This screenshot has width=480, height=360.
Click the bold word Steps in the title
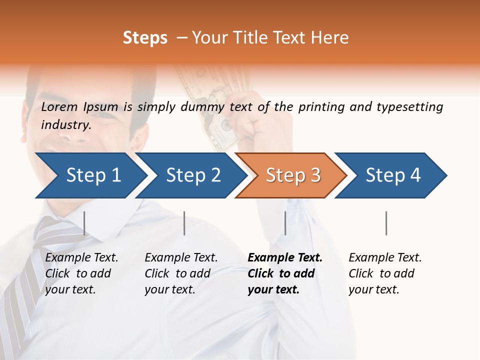pos(145,38)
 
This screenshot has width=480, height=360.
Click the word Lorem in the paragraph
pos(59,107)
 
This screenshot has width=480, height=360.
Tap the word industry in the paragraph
pos(66,125)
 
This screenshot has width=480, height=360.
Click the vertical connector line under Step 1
pos(84,223)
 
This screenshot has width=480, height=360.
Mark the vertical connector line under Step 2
pos(184,223)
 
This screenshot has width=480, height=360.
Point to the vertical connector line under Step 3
pos(285,223)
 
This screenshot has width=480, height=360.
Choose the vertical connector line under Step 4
pos(386,223)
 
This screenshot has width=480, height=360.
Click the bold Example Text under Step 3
pos(285,258)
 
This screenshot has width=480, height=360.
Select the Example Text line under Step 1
pos(81,258)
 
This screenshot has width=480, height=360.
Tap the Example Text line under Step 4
pos(385,258)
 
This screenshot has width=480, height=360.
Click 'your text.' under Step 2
pos(170,289)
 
